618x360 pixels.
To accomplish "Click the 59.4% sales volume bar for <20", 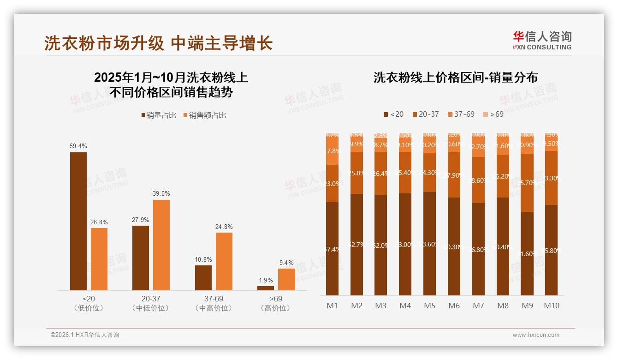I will (78, 221).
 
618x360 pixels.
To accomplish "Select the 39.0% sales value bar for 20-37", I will (161, 245).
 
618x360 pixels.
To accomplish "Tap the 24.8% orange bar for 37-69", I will (224, 261).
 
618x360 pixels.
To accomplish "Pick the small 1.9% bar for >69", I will (266, 288).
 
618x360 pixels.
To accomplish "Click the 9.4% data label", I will (286, 263).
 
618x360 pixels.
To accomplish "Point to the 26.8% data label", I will (99, 222).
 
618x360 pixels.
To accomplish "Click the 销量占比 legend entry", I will (159, 115).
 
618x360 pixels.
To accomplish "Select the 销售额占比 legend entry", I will (205, 115).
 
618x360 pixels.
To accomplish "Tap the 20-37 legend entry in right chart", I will (425, 114).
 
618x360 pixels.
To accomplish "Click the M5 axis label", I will (429, 306).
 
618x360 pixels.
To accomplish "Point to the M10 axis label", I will (552, 306).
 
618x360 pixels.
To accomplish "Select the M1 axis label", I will (332, 306).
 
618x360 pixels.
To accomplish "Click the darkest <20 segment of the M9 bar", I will (527, 253).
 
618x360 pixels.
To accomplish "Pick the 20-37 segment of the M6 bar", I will (454, 175).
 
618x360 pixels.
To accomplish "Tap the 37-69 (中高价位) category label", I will (214, 303).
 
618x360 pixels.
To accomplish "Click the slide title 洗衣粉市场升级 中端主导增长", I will (158, 43).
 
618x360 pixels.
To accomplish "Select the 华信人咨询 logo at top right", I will (542, 40).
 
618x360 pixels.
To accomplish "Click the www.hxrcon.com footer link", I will (536, 335).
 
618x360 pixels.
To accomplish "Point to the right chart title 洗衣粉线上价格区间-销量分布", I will (455, 78).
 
